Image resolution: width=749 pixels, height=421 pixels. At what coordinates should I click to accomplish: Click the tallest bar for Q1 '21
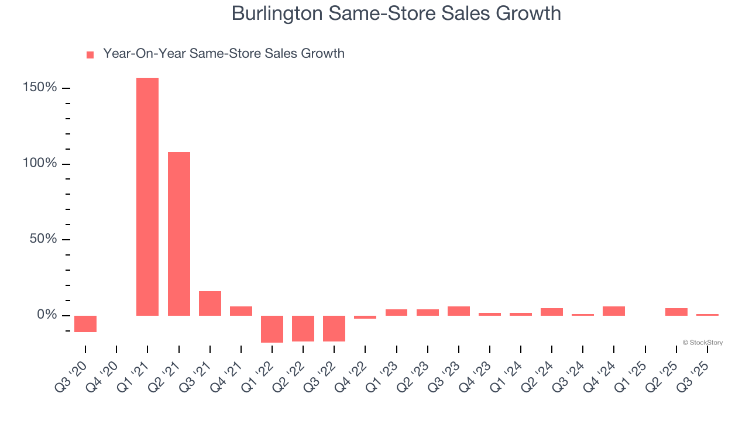(147, 196)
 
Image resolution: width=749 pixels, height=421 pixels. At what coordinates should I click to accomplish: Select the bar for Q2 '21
(179, 234)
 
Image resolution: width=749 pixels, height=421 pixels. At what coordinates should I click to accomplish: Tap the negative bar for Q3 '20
(85, 324)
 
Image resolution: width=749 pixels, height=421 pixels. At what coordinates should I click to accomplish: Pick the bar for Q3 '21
(210, 303)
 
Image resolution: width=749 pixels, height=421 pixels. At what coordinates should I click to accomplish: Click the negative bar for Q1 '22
(272, 329)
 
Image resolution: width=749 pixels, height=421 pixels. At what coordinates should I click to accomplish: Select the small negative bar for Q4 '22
(365, 317)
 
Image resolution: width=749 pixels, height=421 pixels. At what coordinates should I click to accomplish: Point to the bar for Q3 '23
(459, 311)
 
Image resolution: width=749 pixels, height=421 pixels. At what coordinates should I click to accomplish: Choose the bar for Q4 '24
(614, 311)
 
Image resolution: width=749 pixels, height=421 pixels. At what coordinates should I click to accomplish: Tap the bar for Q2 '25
(676, 312)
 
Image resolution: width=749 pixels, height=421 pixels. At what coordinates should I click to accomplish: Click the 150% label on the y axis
(40, 88)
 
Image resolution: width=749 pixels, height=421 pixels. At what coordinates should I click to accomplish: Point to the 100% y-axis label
(40, 163)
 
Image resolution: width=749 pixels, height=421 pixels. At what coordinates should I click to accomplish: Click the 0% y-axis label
(47, 315)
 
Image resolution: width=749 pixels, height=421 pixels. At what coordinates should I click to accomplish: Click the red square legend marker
(90, 55)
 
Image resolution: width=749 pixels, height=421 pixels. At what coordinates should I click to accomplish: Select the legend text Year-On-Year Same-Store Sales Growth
(224, 54)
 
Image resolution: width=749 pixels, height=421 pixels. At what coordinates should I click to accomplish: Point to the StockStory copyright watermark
(702, 343)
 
